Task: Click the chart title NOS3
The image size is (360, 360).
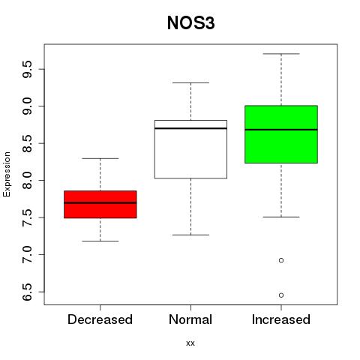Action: tap(190, 23)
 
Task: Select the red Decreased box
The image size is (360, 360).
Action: tap(100, 204)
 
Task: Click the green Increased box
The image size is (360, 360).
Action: tap(281, 134)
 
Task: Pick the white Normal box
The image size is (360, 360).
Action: tap(190, 149)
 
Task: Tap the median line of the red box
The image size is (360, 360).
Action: tap(100, 202)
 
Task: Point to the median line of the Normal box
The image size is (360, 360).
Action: tap(190, 128)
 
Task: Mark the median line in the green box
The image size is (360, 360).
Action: tap(281, 130)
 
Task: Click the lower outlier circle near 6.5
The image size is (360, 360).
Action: tap(281, 295)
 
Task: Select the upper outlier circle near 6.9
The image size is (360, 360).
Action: tap(281, 260)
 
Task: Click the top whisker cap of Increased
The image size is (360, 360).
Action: tap(281, 54)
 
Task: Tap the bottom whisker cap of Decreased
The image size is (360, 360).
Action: tap(100, 241)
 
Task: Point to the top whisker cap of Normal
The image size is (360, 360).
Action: tap(190, 82)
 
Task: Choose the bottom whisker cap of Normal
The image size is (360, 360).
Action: tap(190, 235)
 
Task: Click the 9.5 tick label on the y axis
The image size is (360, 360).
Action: tap(27, 69)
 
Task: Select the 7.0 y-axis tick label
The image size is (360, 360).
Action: tap(27, 254)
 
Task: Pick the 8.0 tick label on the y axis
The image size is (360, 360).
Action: tap(27, 181)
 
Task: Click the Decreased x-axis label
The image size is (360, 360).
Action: tap(100, 319)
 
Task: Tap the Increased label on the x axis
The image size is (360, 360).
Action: tap(281, 319)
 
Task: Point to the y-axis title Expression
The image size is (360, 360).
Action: tap(7, 174)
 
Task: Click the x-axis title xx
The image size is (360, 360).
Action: tap(190, 343)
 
